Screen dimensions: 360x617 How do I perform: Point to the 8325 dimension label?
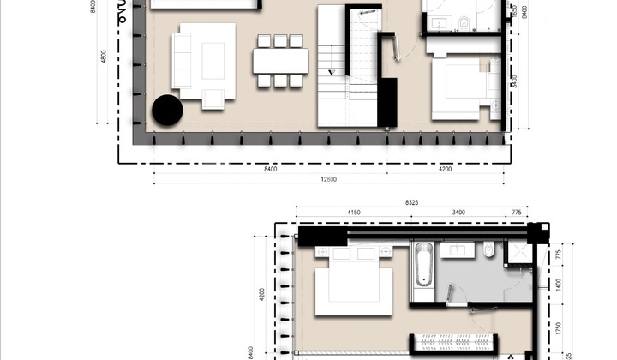coord(411,203)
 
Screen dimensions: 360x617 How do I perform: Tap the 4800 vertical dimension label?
coord(104,58)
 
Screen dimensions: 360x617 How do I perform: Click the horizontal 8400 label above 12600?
coord(271,170)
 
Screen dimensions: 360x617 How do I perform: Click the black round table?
coord(167,110)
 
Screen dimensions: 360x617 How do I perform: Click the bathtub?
coord(422,265)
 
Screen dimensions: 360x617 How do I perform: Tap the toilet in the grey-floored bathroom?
coord(488,250)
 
